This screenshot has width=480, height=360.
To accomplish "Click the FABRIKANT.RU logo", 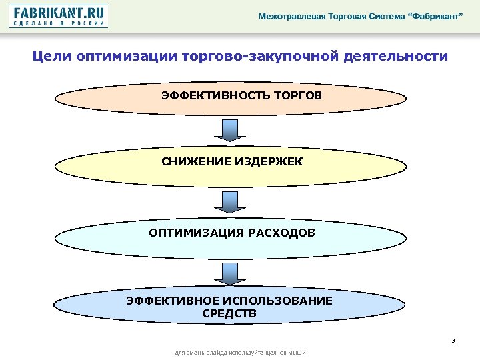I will [59, 16].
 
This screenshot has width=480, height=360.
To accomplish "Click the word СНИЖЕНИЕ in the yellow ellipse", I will [195, 161].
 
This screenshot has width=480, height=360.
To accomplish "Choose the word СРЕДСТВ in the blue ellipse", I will [229, 313].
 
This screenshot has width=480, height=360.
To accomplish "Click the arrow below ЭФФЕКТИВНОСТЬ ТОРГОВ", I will [229, 131].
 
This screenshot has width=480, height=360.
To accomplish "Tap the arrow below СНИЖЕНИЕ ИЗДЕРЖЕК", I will [229, 203].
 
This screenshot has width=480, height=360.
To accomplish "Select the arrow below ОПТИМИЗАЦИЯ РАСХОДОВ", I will [229, 273].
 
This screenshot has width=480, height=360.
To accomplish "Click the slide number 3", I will [453, 341].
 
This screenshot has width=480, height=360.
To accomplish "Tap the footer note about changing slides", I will [239, 352].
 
